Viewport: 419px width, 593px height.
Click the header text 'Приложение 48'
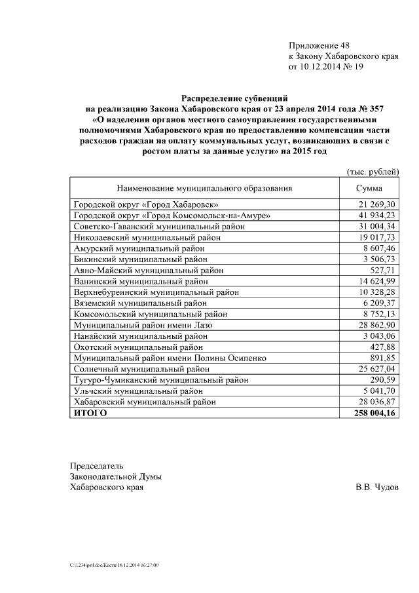point(319,45)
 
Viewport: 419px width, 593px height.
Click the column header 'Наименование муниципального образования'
point(205,188)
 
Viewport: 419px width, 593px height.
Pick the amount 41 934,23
point(376,215)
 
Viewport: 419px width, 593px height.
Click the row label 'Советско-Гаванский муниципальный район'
point(159,226)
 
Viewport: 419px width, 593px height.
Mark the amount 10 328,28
point(376,292)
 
